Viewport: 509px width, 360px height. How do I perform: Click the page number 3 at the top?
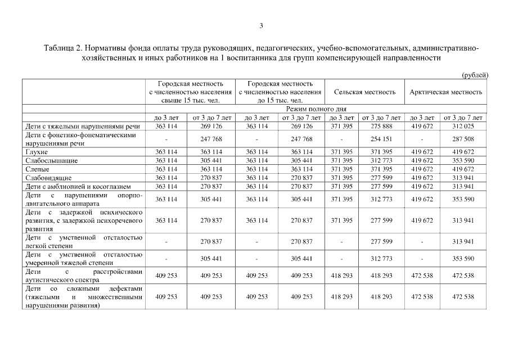(261, 25)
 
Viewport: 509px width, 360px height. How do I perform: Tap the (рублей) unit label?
(475, 75)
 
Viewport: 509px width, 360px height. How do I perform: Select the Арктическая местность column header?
(446, 92)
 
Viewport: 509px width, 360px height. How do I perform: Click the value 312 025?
(464, 127)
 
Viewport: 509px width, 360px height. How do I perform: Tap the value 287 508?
(464, 139)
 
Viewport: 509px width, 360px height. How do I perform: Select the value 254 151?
(381, 139)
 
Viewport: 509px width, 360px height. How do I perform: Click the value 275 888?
(381, 127)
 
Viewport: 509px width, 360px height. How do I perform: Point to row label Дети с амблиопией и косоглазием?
(78, 186)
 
